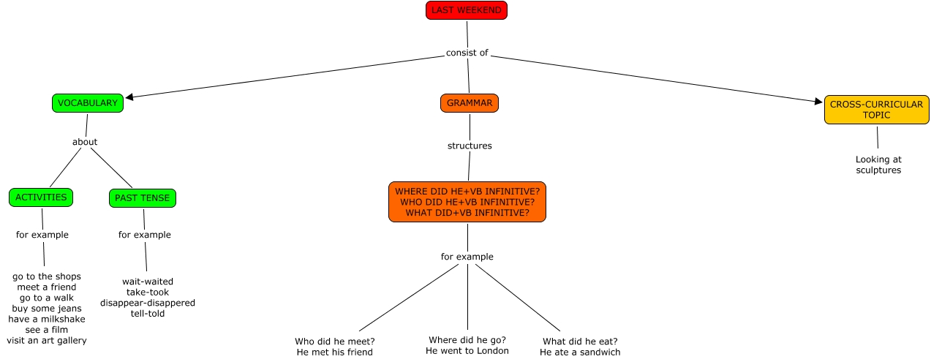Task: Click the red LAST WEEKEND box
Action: pos(466,10)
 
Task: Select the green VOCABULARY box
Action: pos(88,103)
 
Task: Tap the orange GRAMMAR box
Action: pos(469,103)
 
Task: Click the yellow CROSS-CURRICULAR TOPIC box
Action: pos(876,110)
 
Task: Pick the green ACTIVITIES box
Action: pos(41,197)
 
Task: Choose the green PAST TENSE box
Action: pos(143,197)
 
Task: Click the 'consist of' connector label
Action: pos(467,53)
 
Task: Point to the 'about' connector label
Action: pos(85,142)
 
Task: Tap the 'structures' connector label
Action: pos(470,146)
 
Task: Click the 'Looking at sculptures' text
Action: pos(878,165)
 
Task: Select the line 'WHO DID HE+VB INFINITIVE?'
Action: pos(467,202)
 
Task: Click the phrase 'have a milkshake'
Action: pos(47,319)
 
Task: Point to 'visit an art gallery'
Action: pos(47,340)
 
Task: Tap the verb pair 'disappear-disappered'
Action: pos(148,303)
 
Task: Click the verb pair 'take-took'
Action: pos(148,292)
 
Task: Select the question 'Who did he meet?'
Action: pos(335,342)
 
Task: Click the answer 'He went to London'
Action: pos(467,351)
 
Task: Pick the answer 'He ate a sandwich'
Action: pos(580,352)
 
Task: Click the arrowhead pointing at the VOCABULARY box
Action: pos(130,97)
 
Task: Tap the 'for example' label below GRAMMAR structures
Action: pos(467,257)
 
